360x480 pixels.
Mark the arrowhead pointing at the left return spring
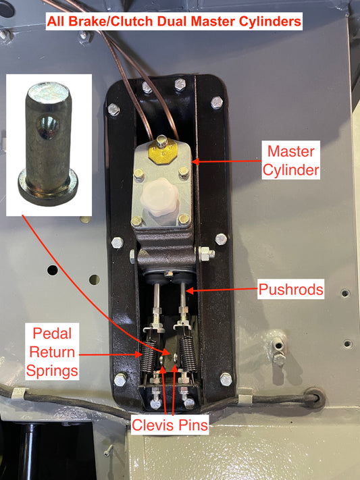(x=140, y=354)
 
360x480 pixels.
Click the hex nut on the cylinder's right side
(x=207, y=255)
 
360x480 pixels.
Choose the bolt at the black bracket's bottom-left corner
(x=120, y=380)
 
